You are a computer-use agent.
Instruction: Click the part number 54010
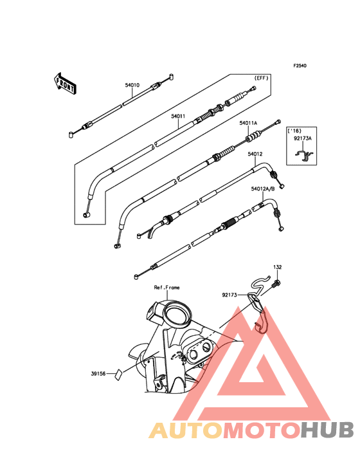[132, 85]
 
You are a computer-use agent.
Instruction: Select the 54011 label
[178, 116]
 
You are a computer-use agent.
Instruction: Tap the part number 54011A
[248, 123]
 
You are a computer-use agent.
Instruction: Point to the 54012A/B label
[263, 189]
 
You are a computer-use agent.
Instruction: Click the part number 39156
[98, 374]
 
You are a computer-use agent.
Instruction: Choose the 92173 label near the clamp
[230, 295]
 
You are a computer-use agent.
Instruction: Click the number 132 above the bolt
[278, 267]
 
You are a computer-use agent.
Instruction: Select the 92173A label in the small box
[302, 138]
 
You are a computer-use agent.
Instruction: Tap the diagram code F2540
[300, 66]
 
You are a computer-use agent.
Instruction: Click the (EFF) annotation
[261, 78]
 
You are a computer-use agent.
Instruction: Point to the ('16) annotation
[294, 131]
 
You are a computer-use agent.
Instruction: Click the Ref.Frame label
[166, 288]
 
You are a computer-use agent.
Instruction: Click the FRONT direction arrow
[64, 84]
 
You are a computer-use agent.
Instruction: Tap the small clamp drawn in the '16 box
[304, 155]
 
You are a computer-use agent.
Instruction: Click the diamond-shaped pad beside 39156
[118, 374]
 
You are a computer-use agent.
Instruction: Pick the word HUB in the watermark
[328, 430]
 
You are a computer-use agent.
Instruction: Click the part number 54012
[255, 154]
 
